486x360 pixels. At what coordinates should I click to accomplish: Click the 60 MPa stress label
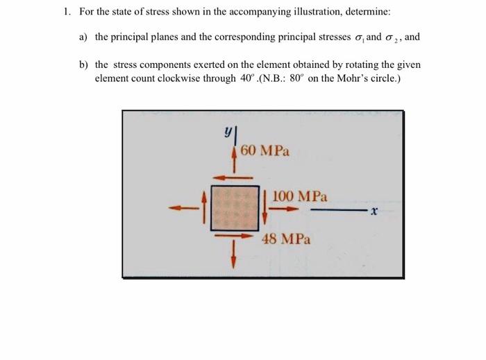266,150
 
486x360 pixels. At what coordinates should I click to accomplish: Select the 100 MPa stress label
300,196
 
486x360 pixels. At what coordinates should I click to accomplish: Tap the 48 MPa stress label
287,240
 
